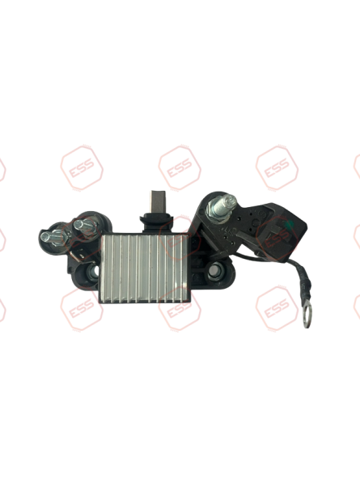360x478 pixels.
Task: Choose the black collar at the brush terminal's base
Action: (151, 216)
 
